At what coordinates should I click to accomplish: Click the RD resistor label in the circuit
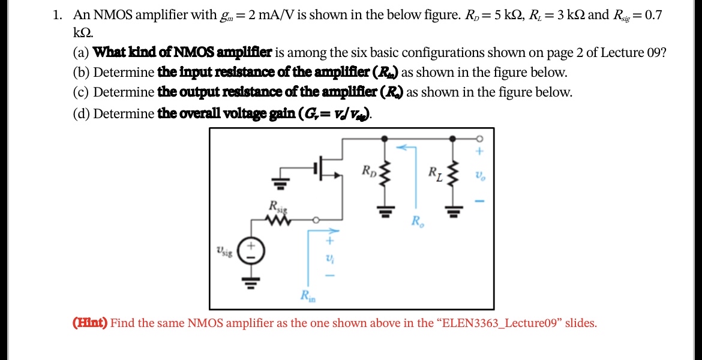(368, 169)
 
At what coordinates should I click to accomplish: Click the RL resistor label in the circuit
(436, 174)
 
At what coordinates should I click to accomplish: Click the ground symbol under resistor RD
(385, 211)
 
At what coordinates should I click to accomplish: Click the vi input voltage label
(328, 258)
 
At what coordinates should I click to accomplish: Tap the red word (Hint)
(89, 323)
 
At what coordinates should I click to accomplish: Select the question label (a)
(82, 52)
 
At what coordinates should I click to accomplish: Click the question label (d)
(82, 113)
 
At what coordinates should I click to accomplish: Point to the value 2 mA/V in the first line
(267, 15)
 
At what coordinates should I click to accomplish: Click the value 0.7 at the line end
(652, 15)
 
